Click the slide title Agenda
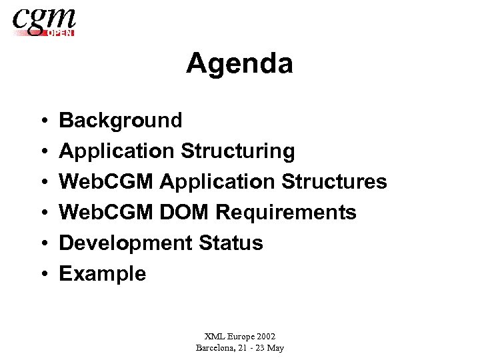(239, 65)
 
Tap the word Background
(121, 121)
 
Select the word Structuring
(237, 152)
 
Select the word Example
(103, 274)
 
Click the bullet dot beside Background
(42, 121)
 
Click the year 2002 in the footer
(265, 337)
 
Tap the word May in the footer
(275, 348)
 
